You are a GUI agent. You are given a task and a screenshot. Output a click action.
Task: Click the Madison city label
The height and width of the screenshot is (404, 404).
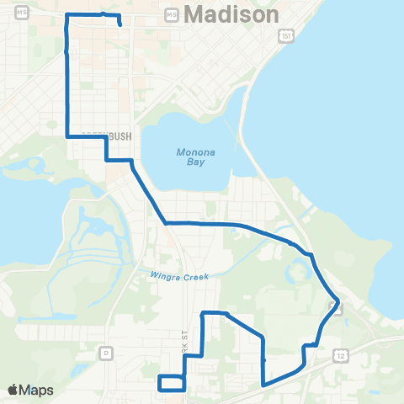click(x=231, y=15)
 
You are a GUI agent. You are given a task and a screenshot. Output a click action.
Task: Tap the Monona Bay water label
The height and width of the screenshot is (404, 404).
click(x=189, y=157)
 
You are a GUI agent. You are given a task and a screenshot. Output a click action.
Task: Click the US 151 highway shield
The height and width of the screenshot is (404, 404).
click(x=286, y=35)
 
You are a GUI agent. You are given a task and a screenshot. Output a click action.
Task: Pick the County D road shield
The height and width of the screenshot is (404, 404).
click(x=107, y=351)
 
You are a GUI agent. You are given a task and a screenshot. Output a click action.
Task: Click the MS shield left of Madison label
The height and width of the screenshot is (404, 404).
click(x=173, y=15)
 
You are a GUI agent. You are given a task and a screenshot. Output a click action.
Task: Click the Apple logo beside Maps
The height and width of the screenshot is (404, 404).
click(x=13, y=390)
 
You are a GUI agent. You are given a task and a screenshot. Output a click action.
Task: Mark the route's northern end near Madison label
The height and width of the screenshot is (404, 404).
click(x=121, y=25)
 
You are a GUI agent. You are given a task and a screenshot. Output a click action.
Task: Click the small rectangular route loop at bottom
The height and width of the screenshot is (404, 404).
click(x=172, y=382)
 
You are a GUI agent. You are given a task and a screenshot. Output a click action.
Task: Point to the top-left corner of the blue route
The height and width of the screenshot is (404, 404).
click(x=66, y=16)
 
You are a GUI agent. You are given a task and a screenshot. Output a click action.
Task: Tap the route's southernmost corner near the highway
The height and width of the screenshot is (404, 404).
click(x=264, y=385)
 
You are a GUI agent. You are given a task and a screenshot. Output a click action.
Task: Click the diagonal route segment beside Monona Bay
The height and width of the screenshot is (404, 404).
click(x=148, y=192)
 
